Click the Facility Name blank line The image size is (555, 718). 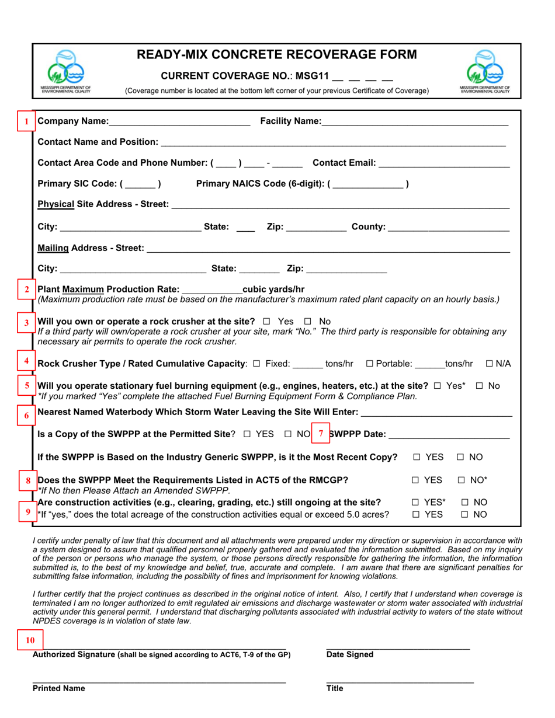pos(414,122)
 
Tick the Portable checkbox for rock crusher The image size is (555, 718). pos(369,364)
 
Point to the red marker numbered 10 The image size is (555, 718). pos(30,640)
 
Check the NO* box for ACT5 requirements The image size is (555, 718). pos(461,480)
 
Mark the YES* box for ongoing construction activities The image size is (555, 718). pos(415,502)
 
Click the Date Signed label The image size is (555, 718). pos(349,655)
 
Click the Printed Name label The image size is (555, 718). pos(58,688)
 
